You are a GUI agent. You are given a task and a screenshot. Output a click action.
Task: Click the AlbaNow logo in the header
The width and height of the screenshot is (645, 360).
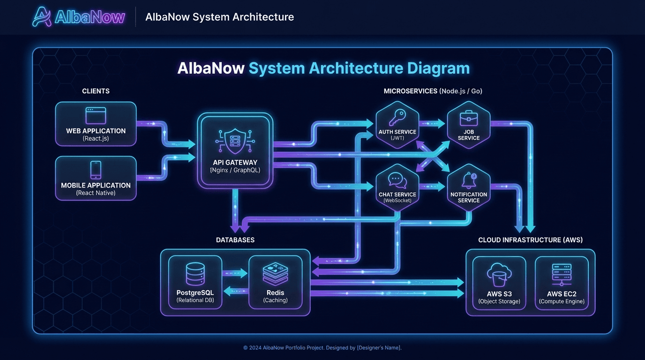[x=79, y=17]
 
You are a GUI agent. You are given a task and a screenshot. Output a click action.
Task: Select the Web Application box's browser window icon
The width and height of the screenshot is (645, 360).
[x=96, y=116]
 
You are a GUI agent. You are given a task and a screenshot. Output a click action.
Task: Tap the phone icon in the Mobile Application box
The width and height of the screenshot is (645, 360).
[x=96, y=170]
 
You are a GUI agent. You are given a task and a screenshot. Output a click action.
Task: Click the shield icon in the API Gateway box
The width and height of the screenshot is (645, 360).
[x=234, y=139]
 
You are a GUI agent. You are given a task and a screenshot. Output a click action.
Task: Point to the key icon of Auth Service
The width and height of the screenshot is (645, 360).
[x=397, y=117]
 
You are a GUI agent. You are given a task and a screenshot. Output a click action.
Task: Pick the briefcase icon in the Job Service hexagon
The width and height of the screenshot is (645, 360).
[x=468, y=118]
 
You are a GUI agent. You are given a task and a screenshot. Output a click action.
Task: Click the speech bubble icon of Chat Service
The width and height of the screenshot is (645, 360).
[x=397, y=180]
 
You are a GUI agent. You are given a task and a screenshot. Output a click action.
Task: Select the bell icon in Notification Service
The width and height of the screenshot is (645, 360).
[x=468, y=180]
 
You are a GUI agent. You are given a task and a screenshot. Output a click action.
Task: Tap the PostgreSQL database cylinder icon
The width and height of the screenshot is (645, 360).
[x=195, y=274]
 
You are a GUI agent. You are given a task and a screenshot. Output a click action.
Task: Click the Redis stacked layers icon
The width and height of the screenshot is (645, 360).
[x=275, y=274]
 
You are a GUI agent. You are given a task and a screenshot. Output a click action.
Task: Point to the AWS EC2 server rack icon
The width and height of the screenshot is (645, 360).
[x=562, y=275]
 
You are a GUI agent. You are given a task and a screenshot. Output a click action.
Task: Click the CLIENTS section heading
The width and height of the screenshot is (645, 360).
[x=96, y=91]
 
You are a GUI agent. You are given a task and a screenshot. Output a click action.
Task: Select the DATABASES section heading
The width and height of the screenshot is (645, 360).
[x=235, y=240]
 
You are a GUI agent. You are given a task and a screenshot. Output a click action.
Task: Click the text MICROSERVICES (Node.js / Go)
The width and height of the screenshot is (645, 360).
[x=433, y=91]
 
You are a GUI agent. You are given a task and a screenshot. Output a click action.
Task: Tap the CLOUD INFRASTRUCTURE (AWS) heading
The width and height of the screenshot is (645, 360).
[x=530, y=240]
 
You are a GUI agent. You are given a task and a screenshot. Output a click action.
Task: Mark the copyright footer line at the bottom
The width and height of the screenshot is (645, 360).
[x=322, y=348]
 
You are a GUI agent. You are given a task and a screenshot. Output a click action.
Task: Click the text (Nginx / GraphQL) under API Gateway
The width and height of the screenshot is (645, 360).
[x=235, y=171]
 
